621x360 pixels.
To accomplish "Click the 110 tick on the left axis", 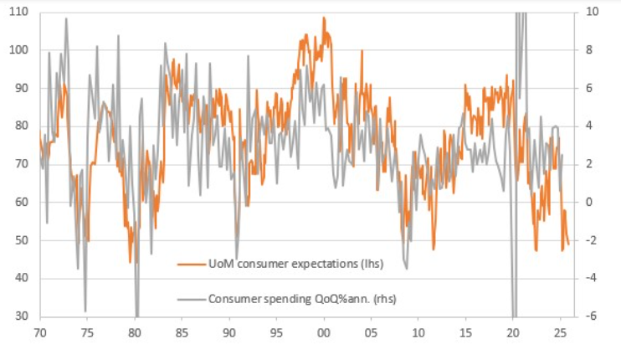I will (x=18, y=13).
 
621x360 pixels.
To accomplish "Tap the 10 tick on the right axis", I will (x=591, y=13).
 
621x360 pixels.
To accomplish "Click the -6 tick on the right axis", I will (x=591, y=316).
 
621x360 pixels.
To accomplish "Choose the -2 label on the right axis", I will (x=591, y=240).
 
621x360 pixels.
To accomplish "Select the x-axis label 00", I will (x=324, y=332).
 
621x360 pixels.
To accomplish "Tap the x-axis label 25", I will (x=560, y=332).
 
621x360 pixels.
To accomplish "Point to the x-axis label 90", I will (x=229, y=332).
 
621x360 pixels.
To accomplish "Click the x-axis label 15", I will (x=465, y=332).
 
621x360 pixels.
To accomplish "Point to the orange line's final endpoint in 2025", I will (x=568, y=244).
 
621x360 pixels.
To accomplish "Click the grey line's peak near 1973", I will (x=66, y=19).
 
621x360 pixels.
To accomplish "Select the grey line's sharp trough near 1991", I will (x=237, y=258).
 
